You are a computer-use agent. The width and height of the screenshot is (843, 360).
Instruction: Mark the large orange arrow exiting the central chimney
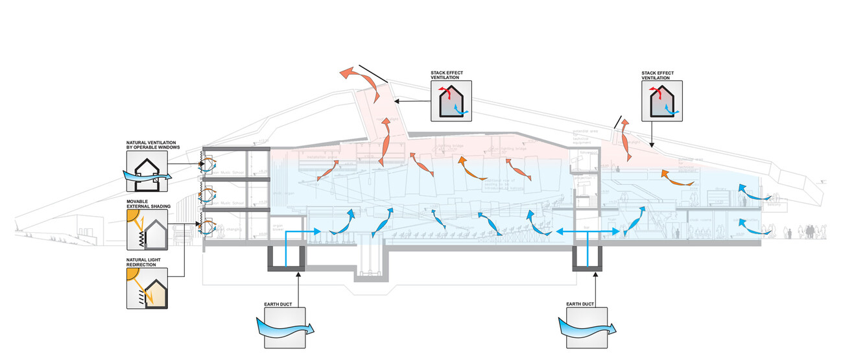359,81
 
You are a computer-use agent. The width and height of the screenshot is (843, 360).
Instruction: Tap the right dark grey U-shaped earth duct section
588,260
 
